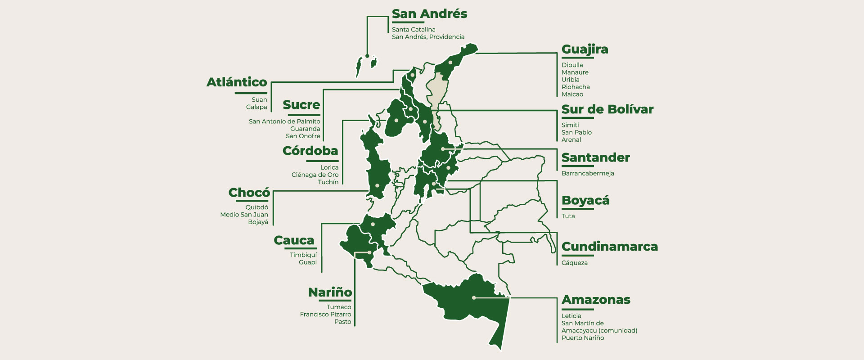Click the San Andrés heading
[x=429, y=14]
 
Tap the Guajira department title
[x=585, y=49]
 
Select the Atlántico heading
[x=237, y=82]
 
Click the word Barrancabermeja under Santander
[x=588, y=173]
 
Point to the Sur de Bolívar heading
[x=607, y=109]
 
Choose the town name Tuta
[x=568, y=216]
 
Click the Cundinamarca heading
[x=609, y=247]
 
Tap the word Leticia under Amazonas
[x=571, y=316]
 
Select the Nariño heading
[x=330, y=292]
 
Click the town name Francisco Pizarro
[x=325, y=315]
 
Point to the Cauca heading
[x=294, y=241]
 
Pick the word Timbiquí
[x=303, y=255]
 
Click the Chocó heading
[x=249, y=193]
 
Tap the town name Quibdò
[x=256, y=207]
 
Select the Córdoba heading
[x=310, y=151]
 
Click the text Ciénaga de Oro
[x=315, y=175]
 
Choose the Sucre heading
[x=301, y=105]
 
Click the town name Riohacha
[x=576, y=87]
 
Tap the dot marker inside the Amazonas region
[x=474, y=297]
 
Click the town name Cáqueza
[x=574, y=263]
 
